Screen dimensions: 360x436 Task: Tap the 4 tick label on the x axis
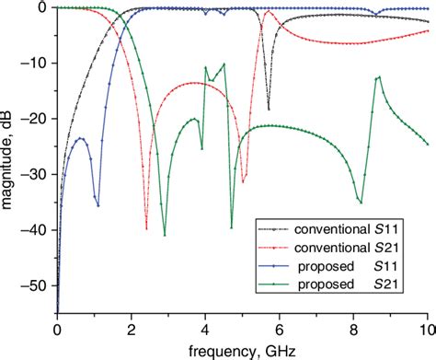click(x=205, y=329)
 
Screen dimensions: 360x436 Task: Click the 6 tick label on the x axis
click(x=280, y=329)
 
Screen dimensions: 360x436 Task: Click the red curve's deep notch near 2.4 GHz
click(x=146, y=227)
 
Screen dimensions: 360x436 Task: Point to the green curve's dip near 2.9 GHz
click(x=165, y=235)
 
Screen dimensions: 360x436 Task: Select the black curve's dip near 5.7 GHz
click(x=269, y=109)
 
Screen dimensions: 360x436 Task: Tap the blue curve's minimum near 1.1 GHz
click(x=98, y=204)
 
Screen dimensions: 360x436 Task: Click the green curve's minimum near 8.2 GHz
click(x=361, y=202)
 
